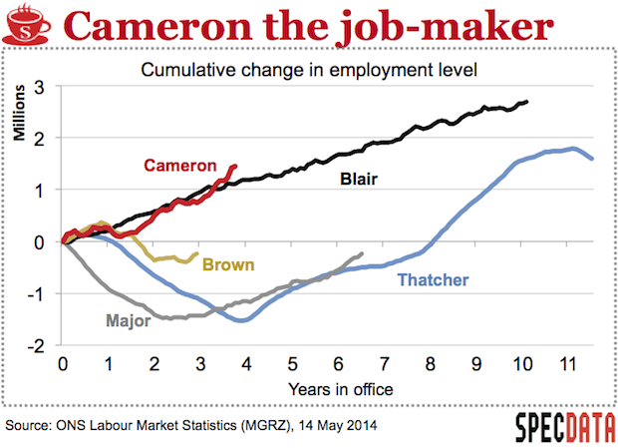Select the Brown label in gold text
coord(228,264)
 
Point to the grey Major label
coord(127,321)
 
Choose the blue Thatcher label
coord(433,280)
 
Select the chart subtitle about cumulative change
coord(312,71)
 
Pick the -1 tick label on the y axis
coord(38,293)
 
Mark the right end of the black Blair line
coord(527,102)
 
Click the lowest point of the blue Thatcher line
coord(243,320)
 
